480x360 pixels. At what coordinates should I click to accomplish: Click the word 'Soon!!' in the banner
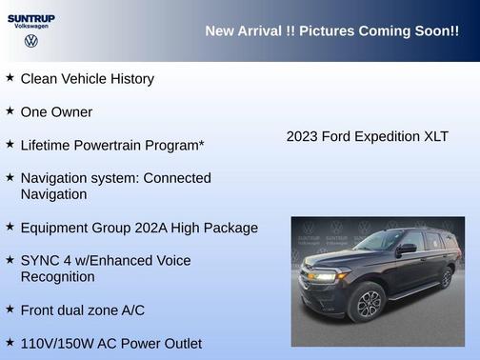click(436, 31)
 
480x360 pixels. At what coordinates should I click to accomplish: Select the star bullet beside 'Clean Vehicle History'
click(10, 77)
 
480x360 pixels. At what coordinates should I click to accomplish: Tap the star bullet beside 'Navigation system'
click(10, 177)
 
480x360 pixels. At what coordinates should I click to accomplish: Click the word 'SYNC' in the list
click(40, 260)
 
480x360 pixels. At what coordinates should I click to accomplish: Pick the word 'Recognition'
click(58, 277)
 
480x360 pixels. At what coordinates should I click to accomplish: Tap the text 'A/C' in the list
click(129, 310)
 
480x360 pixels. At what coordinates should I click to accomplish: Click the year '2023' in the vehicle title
click(304, 137)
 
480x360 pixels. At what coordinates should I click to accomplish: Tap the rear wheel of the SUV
click(446, 277)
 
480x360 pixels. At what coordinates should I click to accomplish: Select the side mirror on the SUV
click(408, 249)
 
